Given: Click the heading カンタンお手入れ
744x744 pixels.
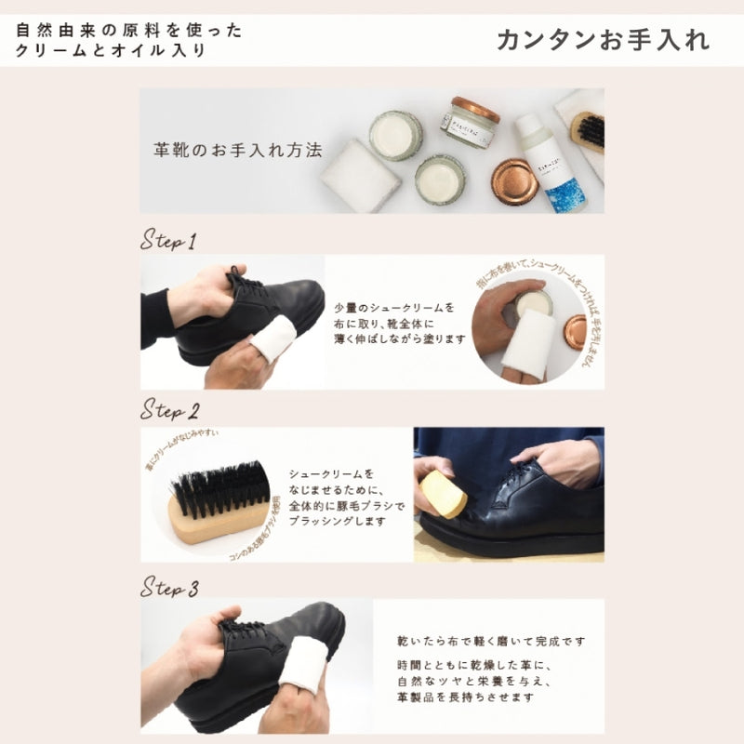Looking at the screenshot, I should pyautogui.click(x=603, y=40).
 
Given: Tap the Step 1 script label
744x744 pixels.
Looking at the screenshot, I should pyautogui.click(x=168, y=241).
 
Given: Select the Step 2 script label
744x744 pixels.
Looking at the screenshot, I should pyautogui.click(x=169, y=409).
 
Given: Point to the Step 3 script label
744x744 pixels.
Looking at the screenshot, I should pyautogui.click(x=169, y=588).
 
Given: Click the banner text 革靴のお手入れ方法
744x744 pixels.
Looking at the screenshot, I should pyautogui.click(x=237, y=149).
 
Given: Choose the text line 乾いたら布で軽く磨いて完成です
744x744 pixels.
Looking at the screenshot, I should pyautogui.click(x=489, y=642).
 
